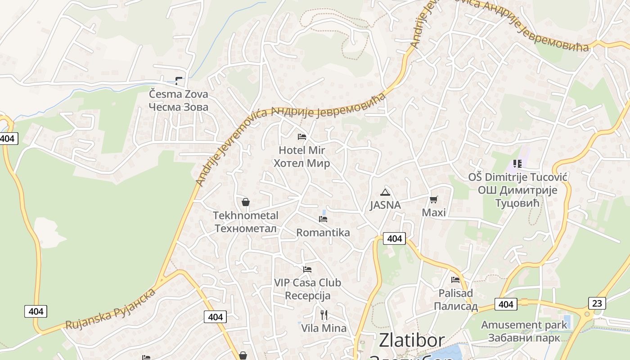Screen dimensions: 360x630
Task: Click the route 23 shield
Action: tap(597, 303)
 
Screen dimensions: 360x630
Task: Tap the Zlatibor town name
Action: tap(411, 341)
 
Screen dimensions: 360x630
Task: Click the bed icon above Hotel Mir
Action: tap(302, 137)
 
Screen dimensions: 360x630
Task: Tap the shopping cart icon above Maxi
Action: tap(433, 199)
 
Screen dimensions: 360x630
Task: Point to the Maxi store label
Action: tap(434, 212)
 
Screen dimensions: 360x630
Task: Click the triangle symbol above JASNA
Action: tap(385, 193)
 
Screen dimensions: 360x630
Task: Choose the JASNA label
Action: tap(385, 205)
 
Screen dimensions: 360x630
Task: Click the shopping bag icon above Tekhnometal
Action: tap(246, 202)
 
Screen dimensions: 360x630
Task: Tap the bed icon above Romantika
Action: tap(323, 219)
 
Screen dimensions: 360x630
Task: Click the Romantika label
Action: tap(323, 233)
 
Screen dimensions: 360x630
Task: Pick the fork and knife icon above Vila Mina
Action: tap(324, 315)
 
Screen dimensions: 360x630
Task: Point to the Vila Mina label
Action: tap(324, 328)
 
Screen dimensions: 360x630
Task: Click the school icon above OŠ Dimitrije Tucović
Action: tap(517, 164)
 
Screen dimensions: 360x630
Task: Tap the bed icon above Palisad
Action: tap(455, 280)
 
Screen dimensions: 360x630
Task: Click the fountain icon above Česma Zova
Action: tap(179, 81)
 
